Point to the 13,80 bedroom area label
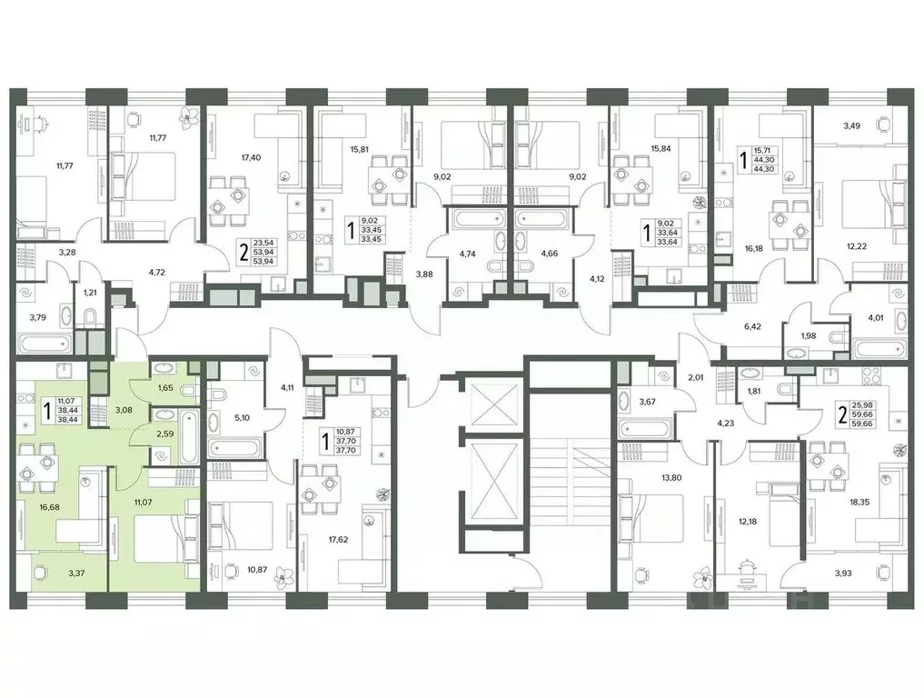671,477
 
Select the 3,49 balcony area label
851,125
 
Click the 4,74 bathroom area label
467,254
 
